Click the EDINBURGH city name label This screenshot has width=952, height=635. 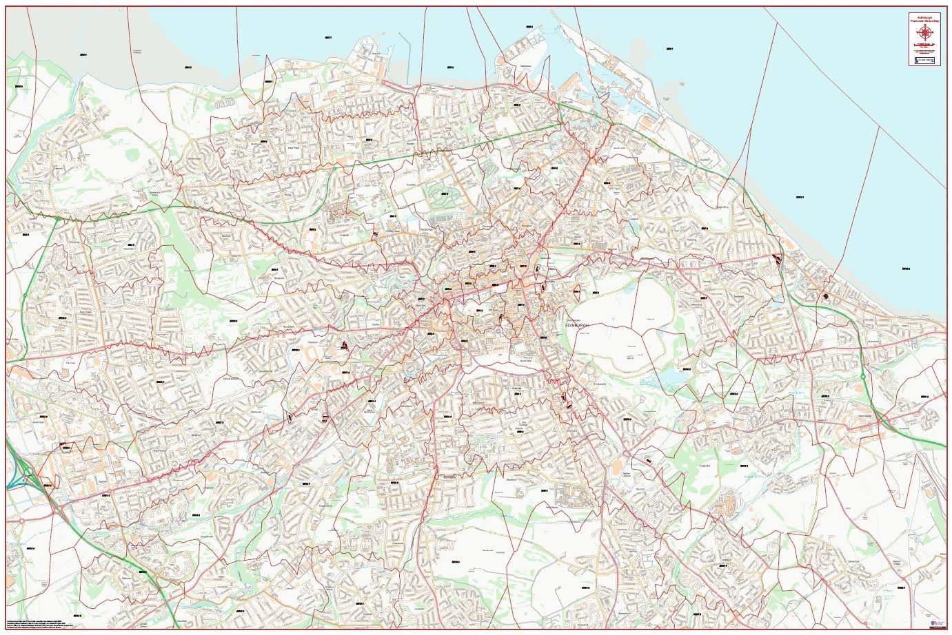578,324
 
